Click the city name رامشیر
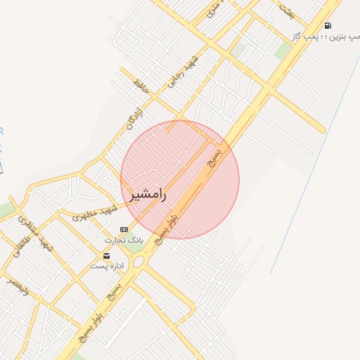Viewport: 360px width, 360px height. click(x=148, y=195)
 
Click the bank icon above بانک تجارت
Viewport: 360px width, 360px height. click(x=124, y=229)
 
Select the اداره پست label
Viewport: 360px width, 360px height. click(x=108, y=266)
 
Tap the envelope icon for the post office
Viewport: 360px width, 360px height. click(x=106, y=255)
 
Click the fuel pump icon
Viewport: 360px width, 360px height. click(x=328, y=25)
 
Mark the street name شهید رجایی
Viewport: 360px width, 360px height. click(x=182, y=71)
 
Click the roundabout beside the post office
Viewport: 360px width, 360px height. click(x=137, y=262)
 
